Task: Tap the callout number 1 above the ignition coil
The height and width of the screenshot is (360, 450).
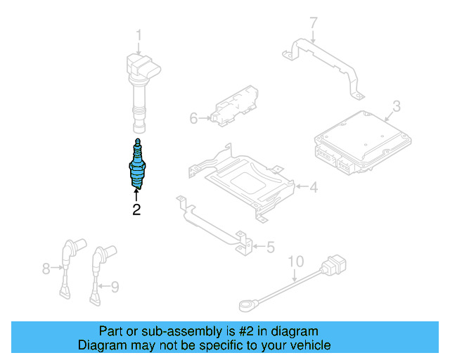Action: point(139,34)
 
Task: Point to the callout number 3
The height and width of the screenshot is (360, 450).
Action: point(396,107)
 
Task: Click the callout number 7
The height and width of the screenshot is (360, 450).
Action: point(314,25)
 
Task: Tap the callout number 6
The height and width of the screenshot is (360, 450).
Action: point(194,118)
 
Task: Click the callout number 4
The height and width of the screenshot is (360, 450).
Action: point(314,187)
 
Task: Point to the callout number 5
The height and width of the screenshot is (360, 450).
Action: point(271,247)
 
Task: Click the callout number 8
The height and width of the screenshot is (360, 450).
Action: point(46,268)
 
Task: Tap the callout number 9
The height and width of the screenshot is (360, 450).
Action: point(115,285)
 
